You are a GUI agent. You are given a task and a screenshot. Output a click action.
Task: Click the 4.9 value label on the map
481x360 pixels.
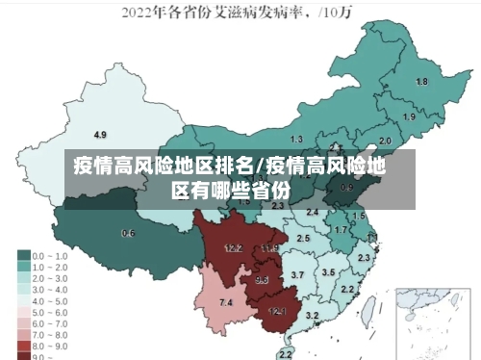100,134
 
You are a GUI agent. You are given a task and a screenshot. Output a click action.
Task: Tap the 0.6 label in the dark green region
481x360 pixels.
128,233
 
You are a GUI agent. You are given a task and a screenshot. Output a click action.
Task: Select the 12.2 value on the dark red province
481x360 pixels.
233,247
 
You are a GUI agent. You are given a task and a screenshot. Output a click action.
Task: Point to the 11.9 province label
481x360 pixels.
269,248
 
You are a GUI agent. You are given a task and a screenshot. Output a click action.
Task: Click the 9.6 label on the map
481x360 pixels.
262,280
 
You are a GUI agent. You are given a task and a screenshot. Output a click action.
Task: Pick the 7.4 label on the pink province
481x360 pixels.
226,303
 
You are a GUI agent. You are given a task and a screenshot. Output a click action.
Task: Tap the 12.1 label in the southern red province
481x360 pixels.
277,311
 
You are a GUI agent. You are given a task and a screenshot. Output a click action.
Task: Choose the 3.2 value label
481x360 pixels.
312,316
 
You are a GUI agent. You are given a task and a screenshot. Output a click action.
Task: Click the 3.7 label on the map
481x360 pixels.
297,275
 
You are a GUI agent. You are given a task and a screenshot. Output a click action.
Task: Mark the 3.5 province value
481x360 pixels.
328,272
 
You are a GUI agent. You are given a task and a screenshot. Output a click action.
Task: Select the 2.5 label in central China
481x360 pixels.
303,238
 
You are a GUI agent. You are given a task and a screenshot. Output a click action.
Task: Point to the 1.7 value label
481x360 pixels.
340,230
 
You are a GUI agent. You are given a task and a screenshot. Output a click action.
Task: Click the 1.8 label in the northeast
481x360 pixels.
421,82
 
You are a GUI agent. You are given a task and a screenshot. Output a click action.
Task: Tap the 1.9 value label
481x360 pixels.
410,116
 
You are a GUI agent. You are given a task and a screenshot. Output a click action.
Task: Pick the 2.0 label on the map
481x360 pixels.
386,140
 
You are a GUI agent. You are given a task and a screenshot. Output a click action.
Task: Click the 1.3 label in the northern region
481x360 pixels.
296,140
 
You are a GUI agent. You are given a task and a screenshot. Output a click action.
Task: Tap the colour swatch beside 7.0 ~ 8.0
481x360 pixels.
23,332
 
